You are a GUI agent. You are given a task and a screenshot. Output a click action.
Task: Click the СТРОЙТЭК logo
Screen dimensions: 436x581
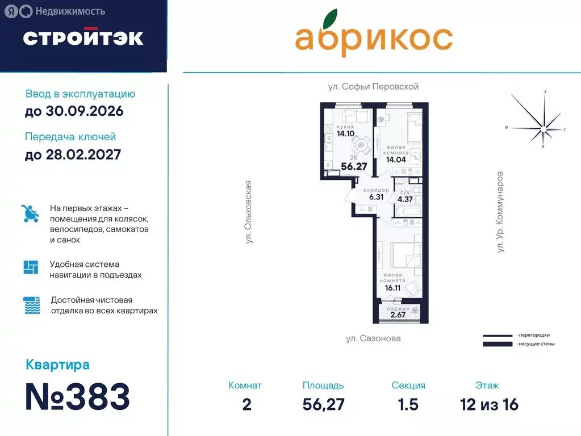[x=83, y=37]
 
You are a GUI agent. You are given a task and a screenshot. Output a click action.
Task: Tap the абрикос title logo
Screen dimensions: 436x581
[x=373, y=35]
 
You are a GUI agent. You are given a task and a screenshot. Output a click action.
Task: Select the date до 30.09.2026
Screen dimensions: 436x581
[x=74, y=111]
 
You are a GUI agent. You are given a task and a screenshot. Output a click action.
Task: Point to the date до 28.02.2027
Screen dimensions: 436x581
[x=73, y=154]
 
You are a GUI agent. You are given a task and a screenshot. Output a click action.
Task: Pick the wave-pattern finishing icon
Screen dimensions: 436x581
[x=31, y=305]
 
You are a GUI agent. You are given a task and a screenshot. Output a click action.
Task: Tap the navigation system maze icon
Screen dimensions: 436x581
[x=31, y=267]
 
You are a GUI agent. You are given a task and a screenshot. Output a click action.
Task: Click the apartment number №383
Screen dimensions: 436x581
[x=78, y=397]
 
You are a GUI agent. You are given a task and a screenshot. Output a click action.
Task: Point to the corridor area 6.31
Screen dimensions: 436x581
[x=376, y=197]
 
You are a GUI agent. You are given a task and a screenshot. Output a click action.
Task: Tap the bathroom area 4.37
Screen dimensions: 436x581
[x=405, y=199]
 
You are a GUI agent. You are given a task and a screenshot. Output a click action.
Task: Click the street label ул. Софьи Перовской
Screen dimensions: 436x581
[x=373, y=87]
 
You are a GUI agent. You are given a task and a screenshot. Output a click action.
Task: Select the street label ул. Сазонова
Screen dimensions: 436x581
[x=373, y=338]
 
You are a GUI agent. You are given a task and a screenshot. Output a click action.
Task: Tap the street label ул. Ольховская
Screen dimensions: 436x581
[x=248, y=212]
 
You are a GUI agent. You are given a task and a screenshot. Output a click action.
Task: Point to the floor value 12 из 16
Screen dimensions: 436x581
[x=489, y=405]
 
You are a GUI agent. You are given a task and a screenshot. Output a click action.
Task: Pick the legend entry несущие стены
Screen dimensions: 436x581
[x=536, y=343]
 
